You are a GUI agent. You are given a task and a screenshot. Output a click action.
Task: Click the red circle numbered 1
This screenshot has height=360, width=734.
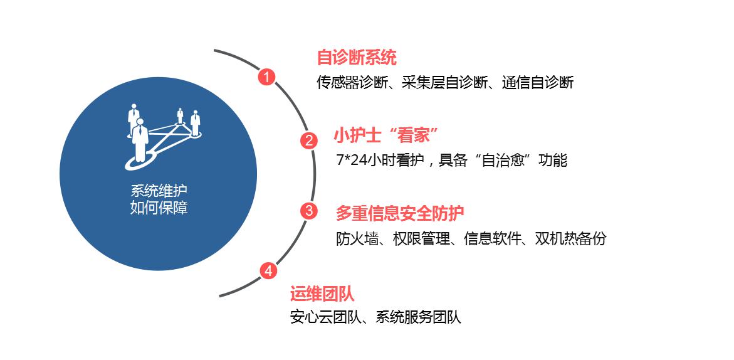(267, 77)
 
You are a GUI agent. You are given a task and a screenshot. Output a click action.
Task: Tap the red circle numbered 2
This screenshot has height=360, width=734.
(308, 140)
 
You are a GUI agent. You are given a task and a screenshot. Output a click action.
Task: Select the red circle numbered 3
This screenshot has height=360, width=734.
(308, 211)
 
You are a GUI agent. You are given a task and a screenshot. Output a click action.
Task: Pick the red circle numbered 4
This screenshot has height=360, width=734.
(268, 270)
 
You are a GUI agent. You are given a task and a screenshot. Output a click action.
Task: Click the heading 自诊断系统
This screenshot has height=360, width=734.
(357, 58)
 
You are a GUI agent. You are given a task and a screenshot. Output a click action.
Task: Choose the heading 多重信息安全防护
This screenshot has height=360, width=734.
(400, 213)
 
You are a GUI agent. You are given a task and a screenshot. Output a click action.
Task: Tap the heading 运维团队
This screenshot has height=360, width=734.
(322, 294)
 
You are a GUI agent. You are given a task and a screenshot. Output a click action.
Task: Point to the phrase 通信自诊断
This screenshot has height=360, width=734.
(538, 83)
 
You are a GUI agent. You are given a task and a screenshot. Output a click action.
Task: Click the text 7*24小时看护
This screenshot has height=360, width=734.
(380, 161)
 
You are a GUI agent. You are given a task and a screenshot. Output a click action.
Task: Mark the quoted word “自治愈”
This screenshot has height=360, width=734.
(504, 161)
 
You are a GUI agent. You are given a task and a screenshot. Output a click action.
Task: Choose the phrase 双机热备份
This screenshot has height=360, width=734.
(570, 239)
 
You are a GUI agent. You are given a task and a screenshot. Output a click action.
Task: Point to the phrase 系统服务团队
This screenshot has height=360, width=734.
(419, 317)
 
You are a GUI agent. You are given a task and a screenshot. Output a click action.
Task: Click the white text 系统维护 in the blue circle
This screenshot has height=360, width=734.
(159, 191)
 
